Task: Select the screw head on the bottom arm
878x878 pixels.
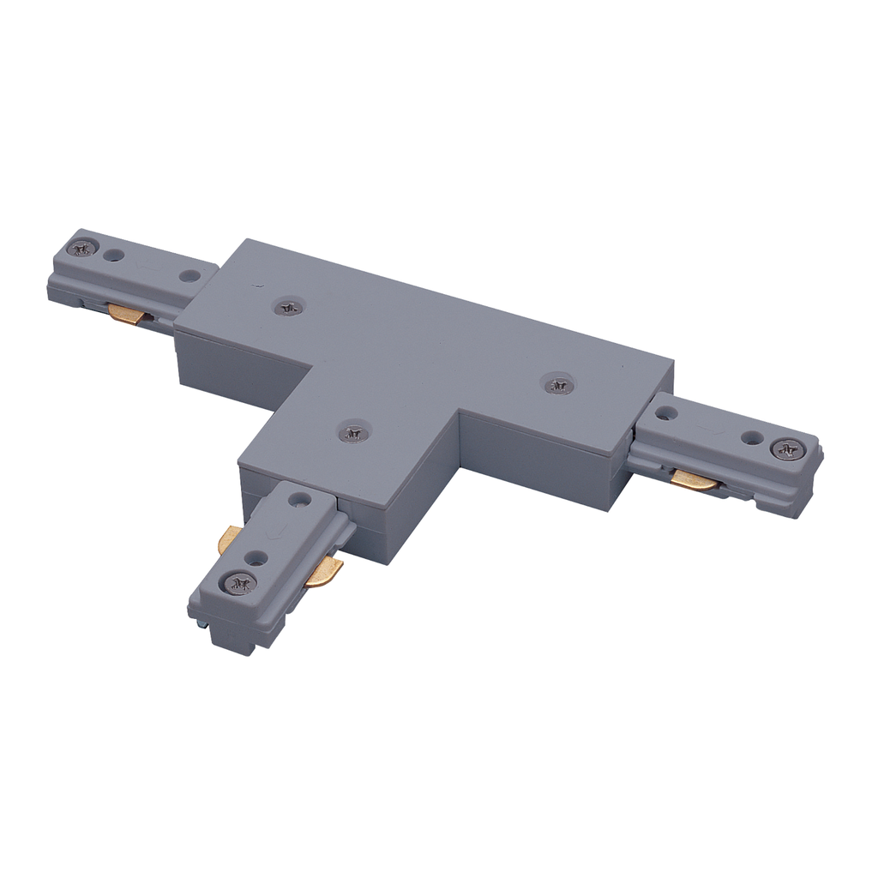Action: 240,583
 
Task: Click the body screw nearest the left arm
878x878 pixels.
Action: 288,306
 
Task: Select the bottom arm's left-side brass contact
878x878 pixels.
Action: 228,540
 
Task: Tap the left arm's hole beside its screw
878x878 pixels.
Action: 110,255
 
